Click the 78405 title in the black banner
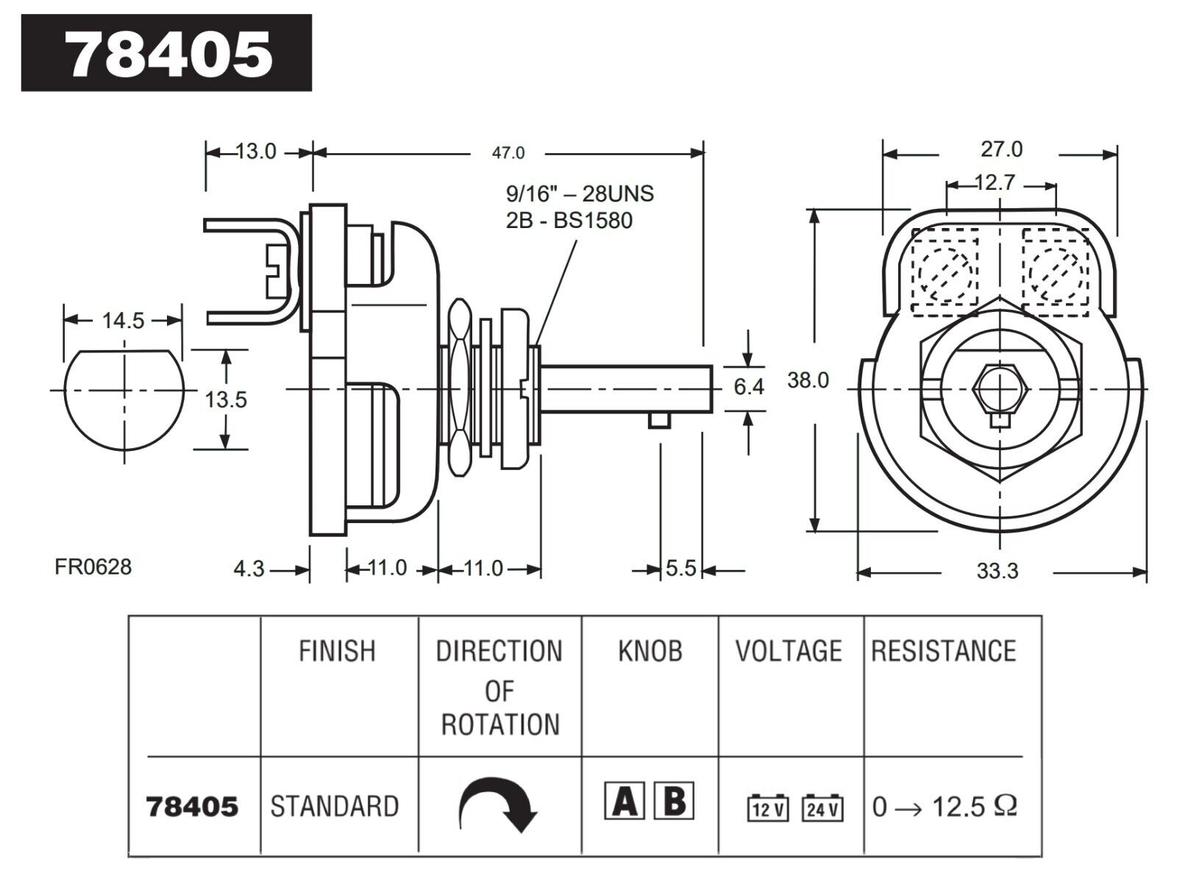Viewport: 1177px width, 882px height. [169, 54]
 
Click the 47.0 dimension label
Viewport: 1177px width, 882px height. [508, 153]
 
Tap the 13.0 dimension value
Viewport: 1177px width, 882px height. [256, 152]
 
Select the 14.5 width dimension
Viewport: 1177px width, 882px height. [123, 320]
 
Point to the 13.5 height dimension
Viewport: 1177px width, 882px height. [226, 399]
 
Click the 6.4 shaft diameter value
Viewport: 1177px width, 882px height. [748, 386]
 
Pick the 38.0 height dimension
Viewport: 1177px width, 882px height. [808, 380]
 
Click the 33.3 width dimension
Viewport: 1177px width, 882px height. [997, 571]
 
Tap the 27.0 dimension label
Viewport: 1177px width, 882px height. [1001, 149]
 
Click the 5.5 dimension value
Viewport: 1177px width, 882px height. [681, 569]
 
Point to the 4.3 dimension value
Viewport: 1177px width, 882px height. [249, 569]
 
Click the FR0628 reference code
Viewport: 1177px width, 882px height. [93, 566]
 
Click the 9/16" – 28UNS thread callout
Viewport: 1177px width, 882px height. [580, 193]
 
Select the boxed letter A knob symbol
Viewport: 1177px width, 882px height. [625, 801]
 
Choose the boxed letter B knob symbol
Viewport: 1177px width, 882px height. [674, 801]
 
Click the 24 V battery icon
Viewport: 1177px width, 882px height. [822, 808]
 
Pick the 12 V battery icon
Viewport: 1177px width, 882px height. [768, 808]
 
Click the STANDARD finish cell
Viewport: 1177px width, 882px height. [335, 806]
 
